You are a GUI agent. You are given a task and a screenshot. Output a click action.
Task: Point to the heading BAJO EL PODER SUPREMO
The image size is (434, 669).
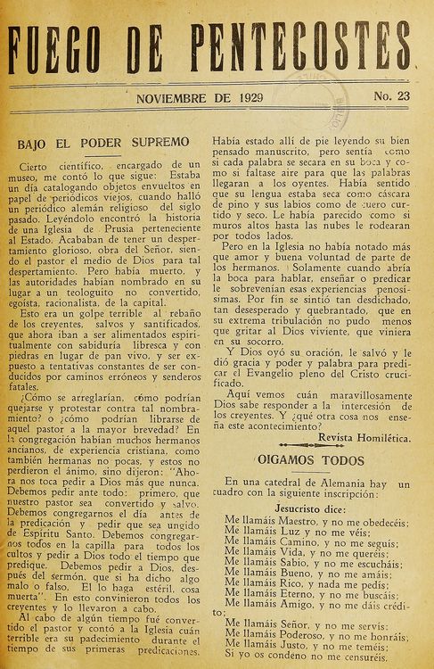tap(103, 142)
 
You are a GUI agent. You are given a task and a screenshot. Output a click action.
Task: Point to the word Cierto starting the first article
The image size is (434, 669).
tap(39, 166)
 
